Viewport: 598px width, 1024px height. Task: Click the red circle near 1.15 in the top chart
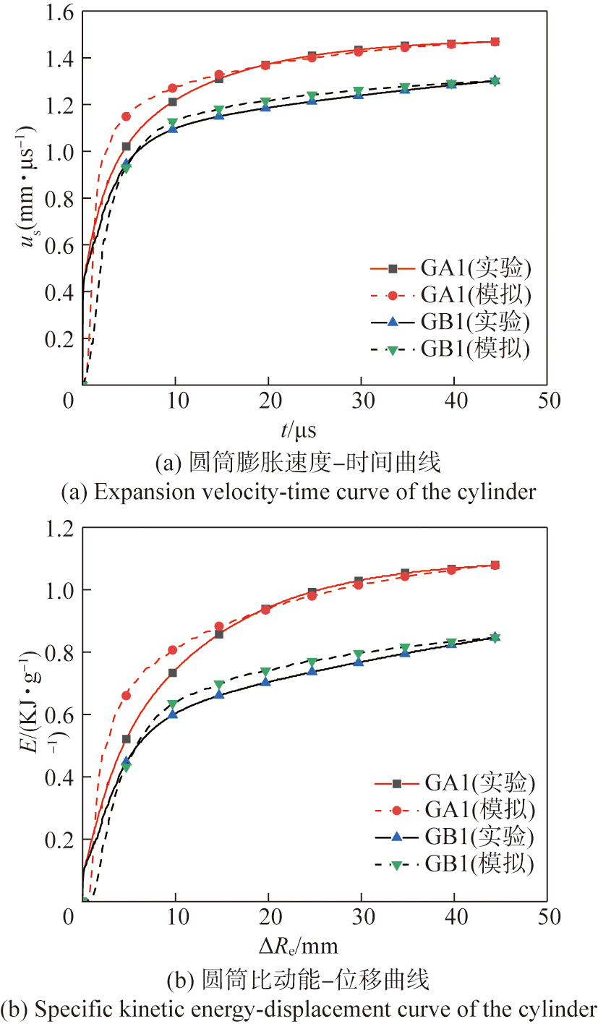[127, 116]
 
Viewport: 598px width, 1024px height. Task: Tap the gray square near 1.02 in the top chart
[127, 147]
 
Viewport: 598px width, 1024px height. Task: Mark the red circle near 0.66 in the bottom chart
[127, 696]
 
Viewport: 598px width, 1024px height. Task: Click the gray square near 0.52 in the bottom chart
[127, 739]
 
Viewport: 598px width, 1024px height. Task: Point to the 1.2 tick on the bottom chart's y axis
[56, 528]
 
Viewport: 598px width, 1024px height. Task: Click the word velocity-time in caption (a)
[241, 492]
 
